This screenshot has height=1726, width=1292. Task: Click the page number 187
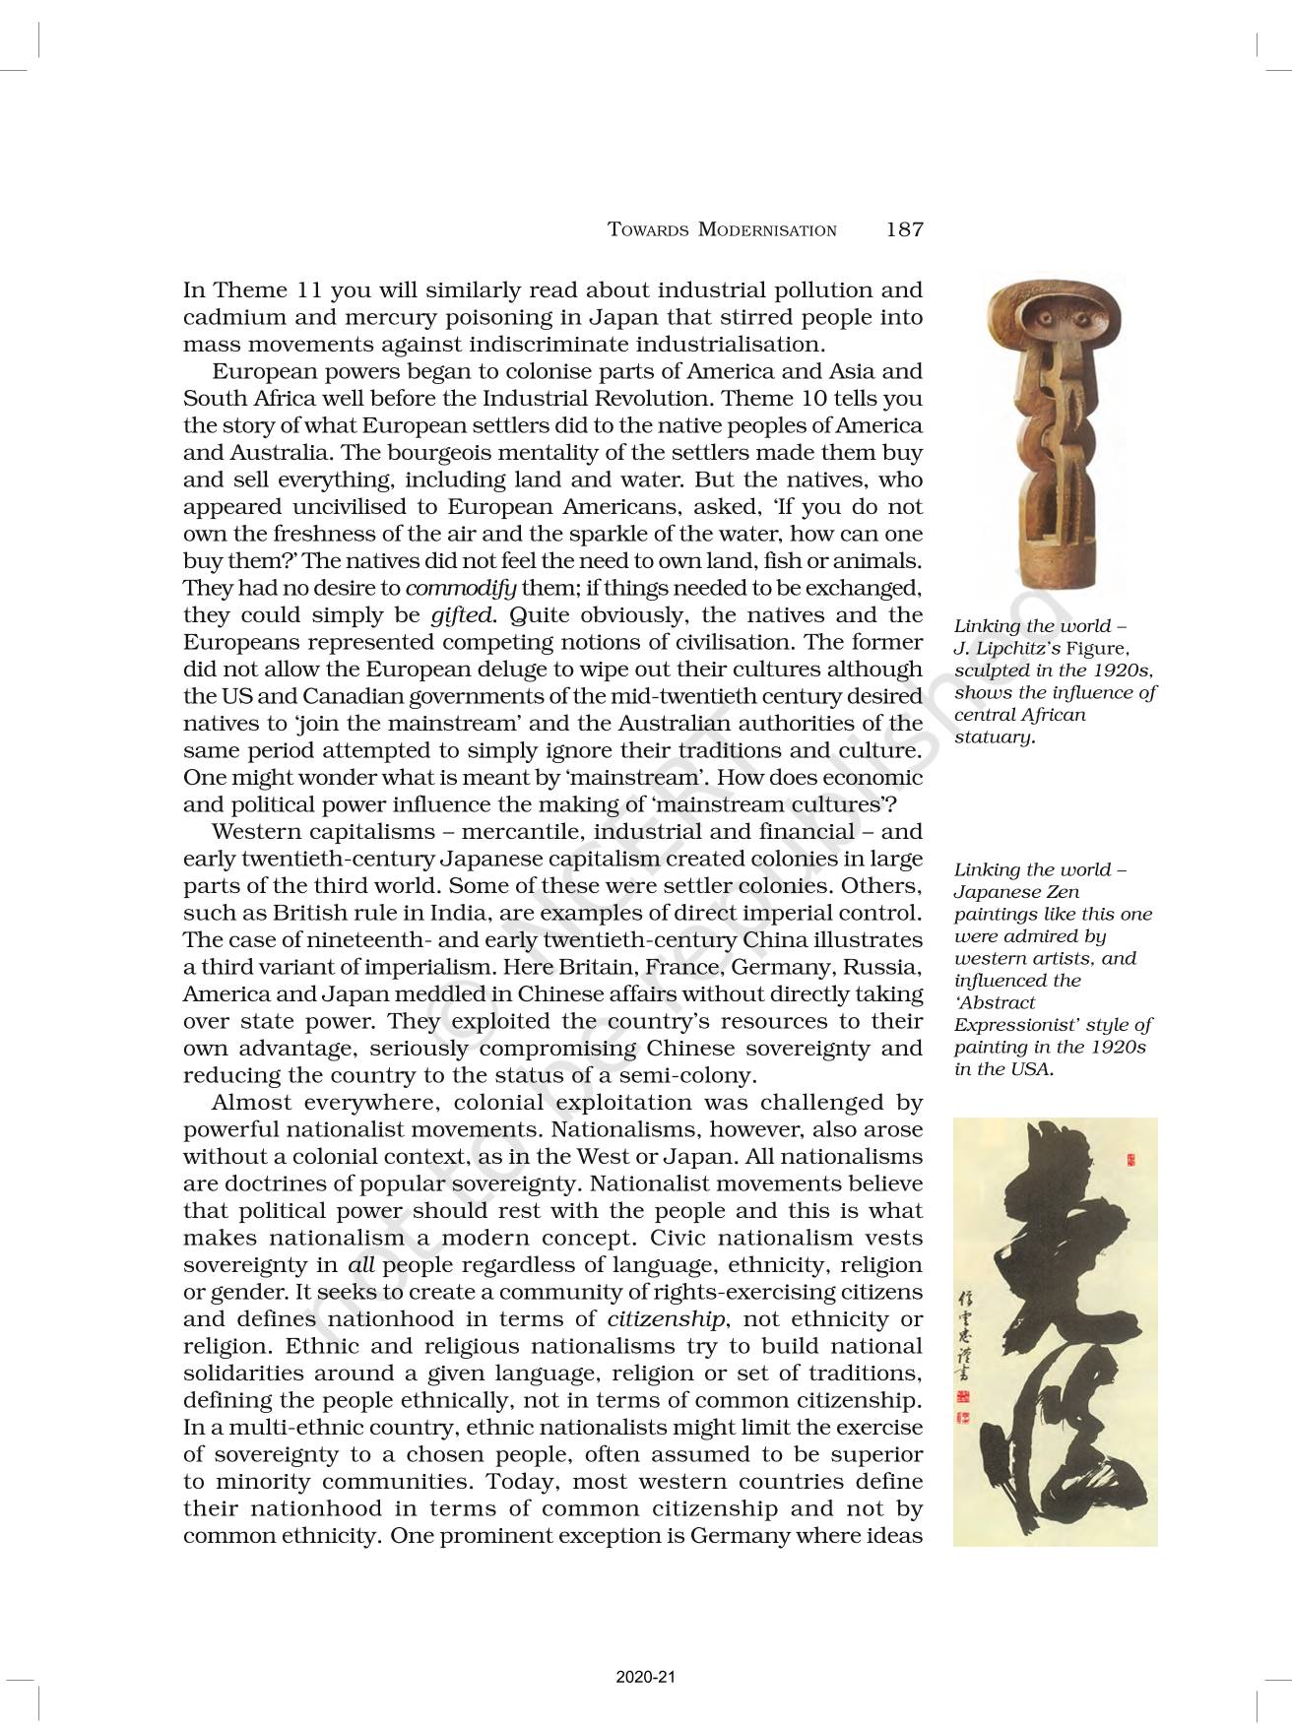tap(904, 230)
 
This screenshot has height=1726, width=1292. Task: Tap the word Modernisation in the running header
tap(767, 230)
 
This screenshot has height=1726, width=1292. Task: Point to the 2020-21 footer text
tap(645, 1677)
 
